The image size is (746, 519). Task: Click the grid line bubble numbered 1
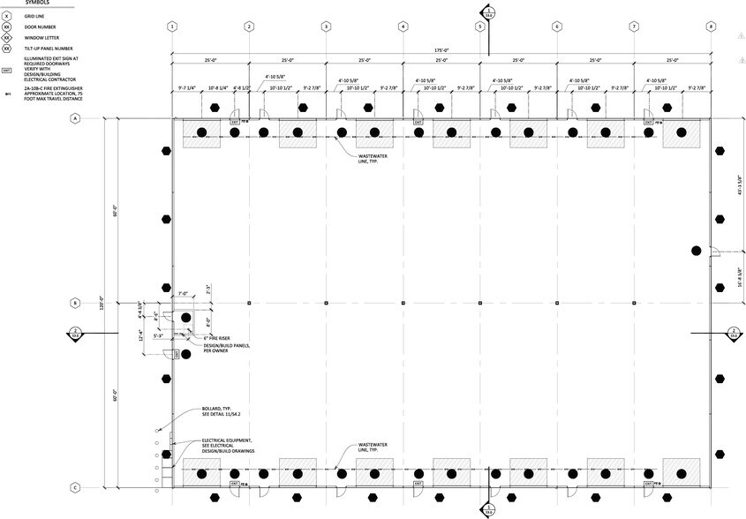172,26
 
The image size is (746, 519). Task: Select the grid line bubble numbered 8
711,26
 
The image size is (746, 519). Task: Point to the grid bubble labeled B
75,303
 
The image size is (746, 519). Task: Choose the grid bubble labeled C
75,487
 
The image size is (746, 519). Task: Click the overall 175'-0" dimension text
441,49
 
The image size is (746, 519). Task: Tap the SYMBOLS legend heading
36,3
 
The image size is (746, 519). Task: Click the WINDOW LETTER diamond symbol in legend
7,37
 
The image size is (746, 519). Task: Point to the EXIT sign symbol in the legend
7,71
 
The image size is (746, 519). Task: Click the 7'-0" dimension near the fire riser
184,293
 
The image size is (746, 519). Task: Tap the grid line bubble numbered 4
403,26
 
